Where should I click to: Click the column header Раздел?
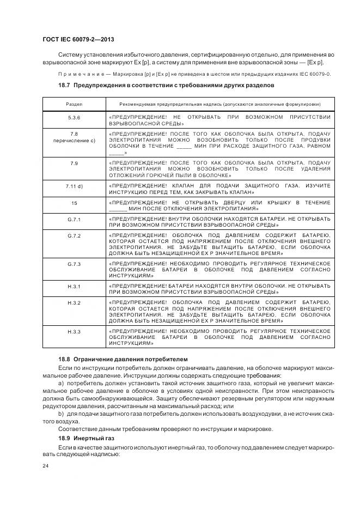tap(74, 104)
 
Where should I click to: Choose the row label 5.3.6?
tap(74, 118)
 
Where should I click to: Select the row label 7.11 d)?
tap(74, 186)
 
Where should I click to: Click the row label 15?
tap(74, 203)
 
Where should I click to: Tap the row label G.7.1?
tap(74, 219)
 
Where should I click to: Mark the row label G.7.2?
tap(74, 235)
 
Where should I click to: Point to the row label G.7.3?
tap(74, 264)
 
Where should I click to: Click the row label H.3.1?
tap(74, 286)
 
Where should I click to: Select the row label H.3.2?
tap(74, 302)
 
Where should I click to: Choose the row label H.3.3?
tap(74, 331)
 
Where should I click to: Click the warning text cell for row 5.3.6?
tap(219, 121)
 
